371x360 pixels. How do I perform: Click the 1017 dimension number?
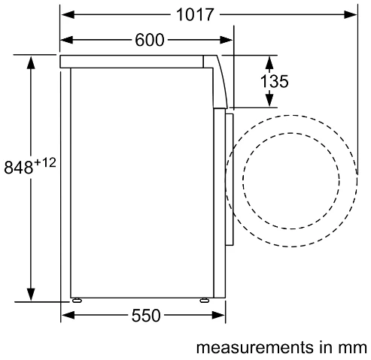(x=195, y=14)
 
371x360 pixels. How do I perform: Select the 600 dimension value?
(x=150, y=40)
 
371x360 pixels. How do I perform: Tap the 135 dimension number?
(x=275, y=81)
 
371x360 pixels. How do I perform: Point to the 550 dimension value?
(x=146, y=316)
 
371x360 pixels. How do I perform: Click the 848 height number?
(x=19, y=167)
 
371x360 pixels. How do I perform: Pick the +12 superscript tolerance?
(x=45, y=163)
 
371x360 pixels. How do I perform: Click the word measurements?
(x=255, y=347)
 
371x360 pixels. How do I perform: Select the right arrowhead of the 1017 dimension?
(x=350, y=14)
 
